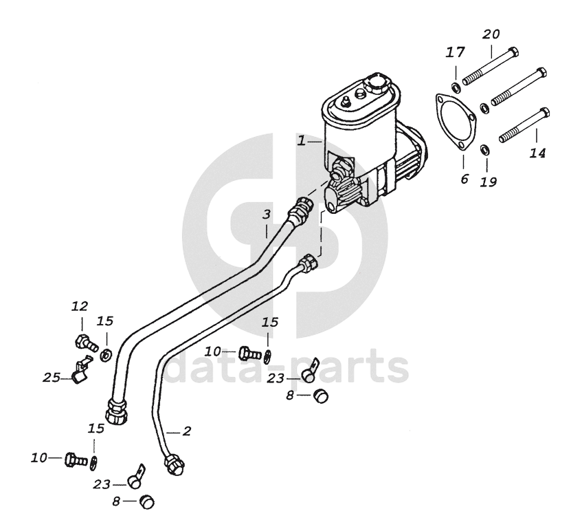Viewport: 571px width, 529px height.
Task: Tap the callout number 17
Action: pos(456,52)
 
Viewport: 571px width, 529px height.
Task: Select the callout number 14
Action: pos(537,153)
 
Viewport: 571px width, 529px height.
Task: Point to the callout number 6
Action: pos(464,179)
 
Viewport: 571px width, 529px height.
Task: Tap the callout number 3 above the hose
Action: pos(267,215)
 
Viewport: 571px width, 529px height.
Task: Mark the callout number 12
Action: pos(80,306)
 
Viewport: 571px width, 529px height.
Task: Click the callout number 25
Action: pos(52,376)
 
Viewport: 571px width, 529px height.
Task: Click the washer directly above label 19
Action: pos(484,149)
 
